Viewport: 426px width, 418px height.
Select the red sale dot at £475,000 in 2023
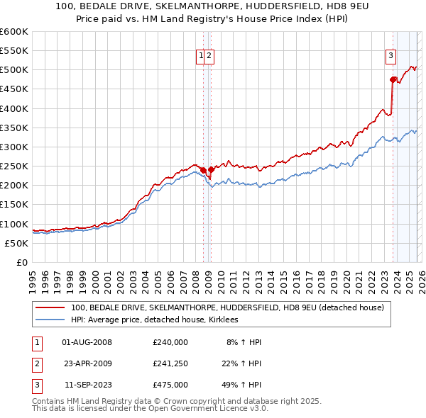pos(393,79)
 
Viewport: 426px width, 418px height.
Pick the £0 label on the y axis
pos(23,263)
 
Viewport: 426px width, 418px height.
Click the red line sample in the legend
pos(50,307)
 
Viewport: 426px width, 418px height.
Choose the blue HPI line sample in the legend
pos(50,320)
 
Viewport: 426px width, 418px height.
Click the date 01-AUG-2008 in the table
pos(87,342)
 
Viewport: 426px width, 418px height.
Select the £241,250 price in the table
pos(170,363)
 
